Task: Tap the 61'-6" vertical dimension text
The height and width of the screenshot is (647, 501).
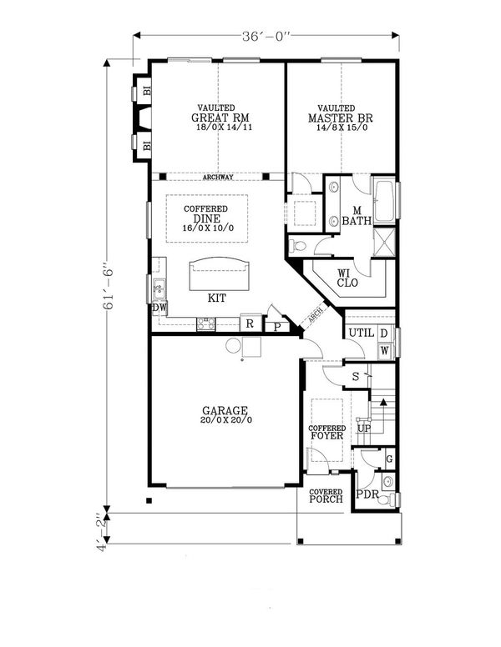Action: click(x=108, y=284)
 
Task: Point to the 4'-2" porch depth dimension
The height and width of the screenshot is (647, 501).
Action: click(x=102, y=533)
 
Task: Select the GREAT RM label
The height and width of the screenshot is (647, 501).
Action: click(x=220, y=118)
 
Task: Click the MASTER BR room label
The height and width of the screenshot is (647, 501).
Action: click(x=340, y=118)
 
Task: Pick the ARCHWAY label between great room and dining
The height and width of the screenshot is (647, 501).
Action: click(x=218, y=177)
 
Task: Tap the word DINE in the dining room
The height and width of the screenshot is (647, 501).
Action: click(x=207, y=218)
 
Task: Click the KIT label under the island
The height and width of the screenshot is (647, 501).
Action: click(x=216, y=298)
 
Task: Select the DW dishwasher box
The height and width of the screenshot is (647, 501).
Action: click(x=159, y=308)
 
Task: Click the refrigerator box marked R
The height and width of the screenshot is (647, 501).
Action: click(x=250, y=323)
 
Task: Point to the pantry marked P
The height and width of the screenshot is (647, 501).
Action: click(x=277, y=327)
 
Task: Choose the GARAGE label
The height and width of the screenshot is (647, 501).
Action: click(x=225, y=410)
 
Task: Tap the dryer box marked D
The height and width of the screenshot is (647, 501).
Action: click(x=384, y=334)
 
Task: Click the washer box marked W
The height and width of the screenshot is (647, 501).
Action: click(x=384, y=351)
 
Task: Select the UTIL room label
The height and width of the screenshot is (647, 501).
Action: click(x=362, y=333)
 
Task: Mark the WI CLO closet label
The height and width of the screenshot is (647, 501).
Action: click(x=347, y=278)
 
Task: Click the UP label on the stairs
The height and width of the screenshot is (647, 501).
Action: click(x=364, y=429)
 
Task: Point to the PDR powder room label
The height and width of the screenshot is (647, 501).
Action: click(x=367, y=494)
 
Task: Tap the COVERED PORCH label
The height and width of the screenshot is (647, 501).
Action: click(x=326, y=495)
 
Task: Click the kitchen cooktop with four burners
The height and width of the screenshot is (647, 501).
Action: click(x=206, y=323)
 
